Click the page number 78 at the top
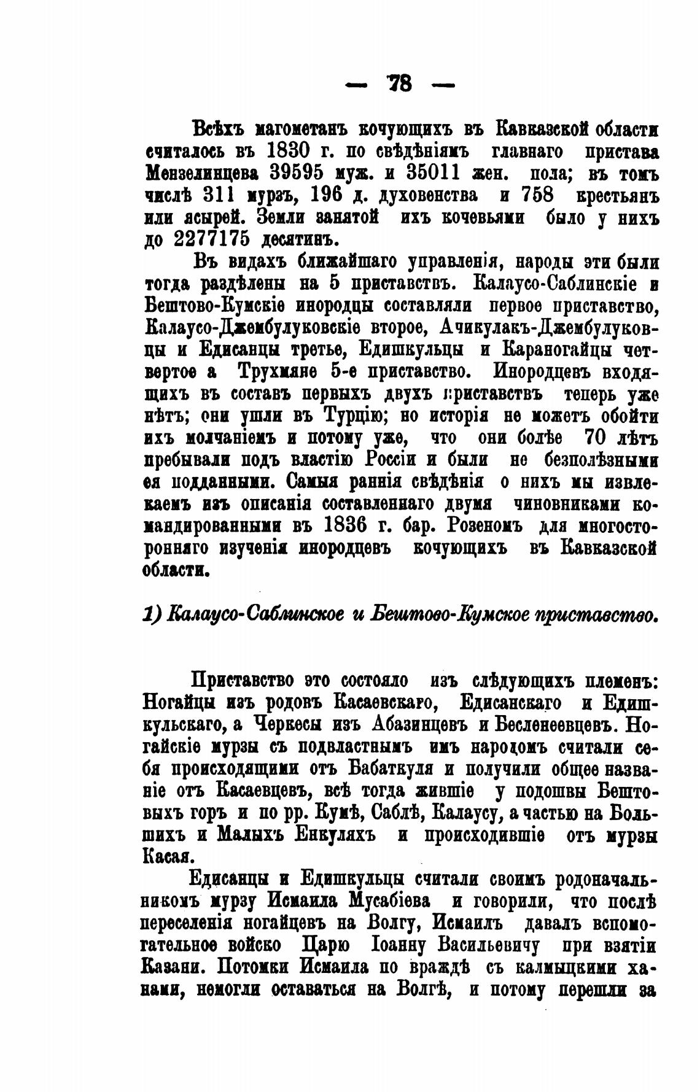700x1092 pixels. [400, 83]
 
